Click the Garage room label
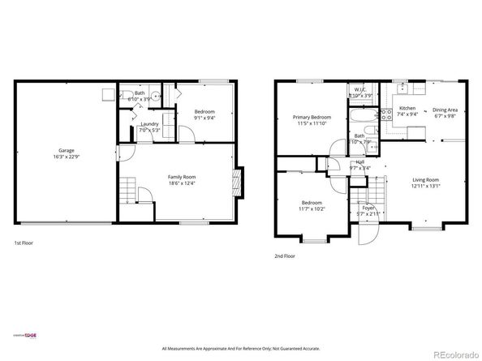(67, 151)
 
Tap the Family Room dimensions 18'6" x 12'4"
(181, 183)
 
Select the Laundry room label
(149, 124)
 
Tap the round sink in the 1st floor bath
(155, 95)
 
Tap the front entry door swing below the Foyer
(367, 234)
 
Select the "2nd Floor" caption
(285, 256)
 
